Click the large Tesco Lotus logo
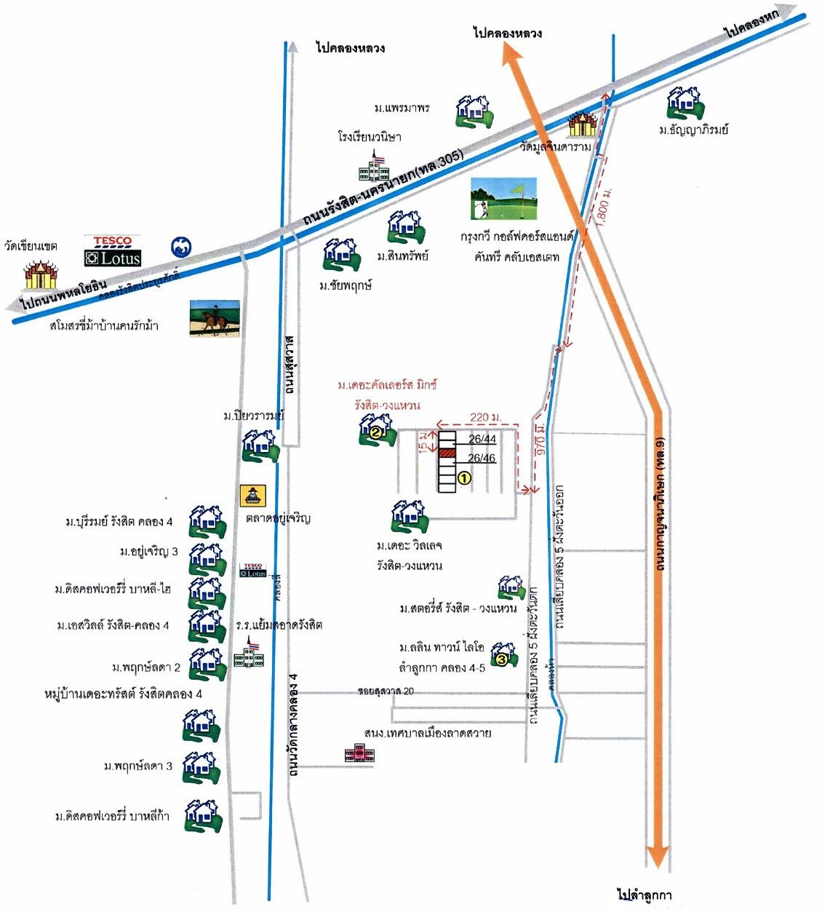113,250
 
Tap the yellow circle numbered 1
463,478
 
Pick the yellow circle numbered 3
501,659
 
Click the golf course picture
503,199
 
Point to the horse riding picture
214,318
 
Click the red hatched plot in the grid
447,453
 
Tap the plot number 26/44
482,439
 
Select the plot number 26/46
482,458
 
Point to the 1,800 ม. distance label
604,207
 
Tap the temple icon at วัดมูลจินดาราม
582,125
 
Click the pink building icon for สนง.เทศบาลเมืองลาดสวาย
359,754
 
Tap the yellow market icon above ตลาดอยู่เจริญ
254,496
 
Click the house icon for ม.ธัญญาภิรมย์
685,103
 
